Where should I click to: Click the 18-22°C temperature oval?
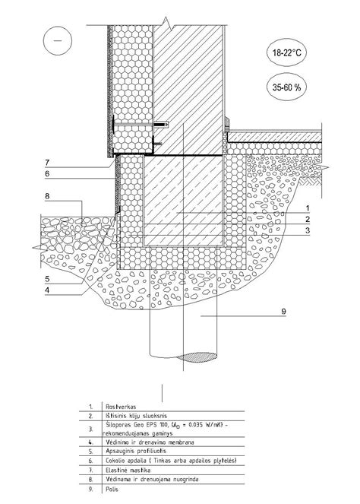coord(286,52)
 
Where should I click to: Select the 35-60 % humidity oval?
coord(286,87)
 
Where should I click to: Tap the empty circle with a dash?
coord(58,41)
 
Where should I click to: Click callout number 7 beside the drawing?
coord(47,163)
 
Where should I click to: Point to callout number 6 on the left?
coord(47,174)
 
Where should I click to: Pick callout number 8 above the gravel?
coord(47,196)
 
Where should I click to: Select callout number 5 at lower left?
coord(47,279)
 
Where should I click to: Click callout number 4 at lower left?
coord(47,290)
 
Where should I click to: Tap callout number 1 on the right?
coord(308,208)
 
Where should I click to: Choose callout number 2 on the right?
coord(308,220)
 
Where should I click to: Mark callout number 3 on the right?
coord(308,230)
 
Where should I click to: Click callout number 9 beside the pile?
coord(283,312)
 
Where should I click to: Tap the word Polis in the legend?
coord(112,490)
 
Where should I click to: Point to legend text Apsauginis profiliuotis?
coord(136,451)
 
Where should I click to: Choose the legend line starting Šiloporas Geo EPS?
coord(166,425)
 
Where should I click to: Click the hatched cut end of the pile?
coord(197,357)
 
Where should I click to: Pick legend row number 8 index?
coord(90,479)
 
